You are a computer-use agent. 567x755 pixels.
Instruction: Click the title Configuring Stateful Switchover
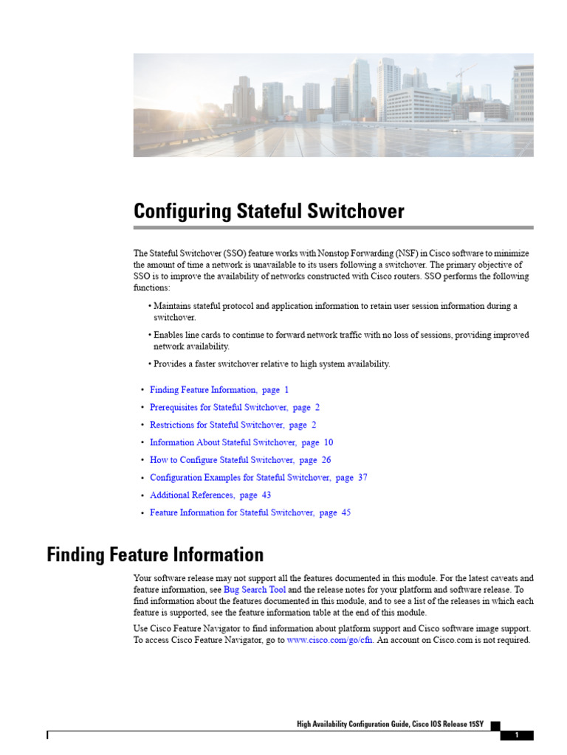pos(269,212)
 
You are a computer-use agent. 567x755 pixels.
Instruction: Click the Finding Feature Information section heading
pos(155,554)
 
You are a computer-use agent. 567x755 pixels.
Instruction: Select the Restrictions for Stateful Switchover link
pos(217,425)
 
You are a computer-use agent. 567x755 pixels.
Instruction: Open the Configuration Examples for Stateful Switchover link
pos(241,478)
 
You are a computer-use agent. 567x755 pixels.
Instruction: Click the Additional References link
pos(192,495)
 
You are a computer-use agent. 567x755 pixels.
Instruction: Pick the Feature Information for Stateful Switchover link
pos(233,513)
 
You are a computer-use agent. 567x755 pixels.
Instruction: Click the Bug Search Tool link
pos(255,590)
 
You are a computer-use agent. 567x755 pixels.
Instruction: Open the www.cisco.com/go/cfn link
pos(331,640)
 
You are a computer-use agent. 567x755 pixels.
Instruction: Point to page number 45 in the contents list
pos(346,513)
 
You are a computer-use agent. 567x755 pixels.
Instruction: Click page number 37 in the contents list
pos(362,478)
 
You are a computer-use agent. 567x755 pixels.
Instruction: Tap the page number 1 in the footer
pos(517,735)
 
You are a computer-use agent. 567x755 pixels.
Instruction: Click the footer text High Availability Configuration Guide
pos(353,725)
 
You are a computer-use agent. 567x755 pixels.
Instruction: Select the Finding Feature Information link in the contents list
pos(203,389)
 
